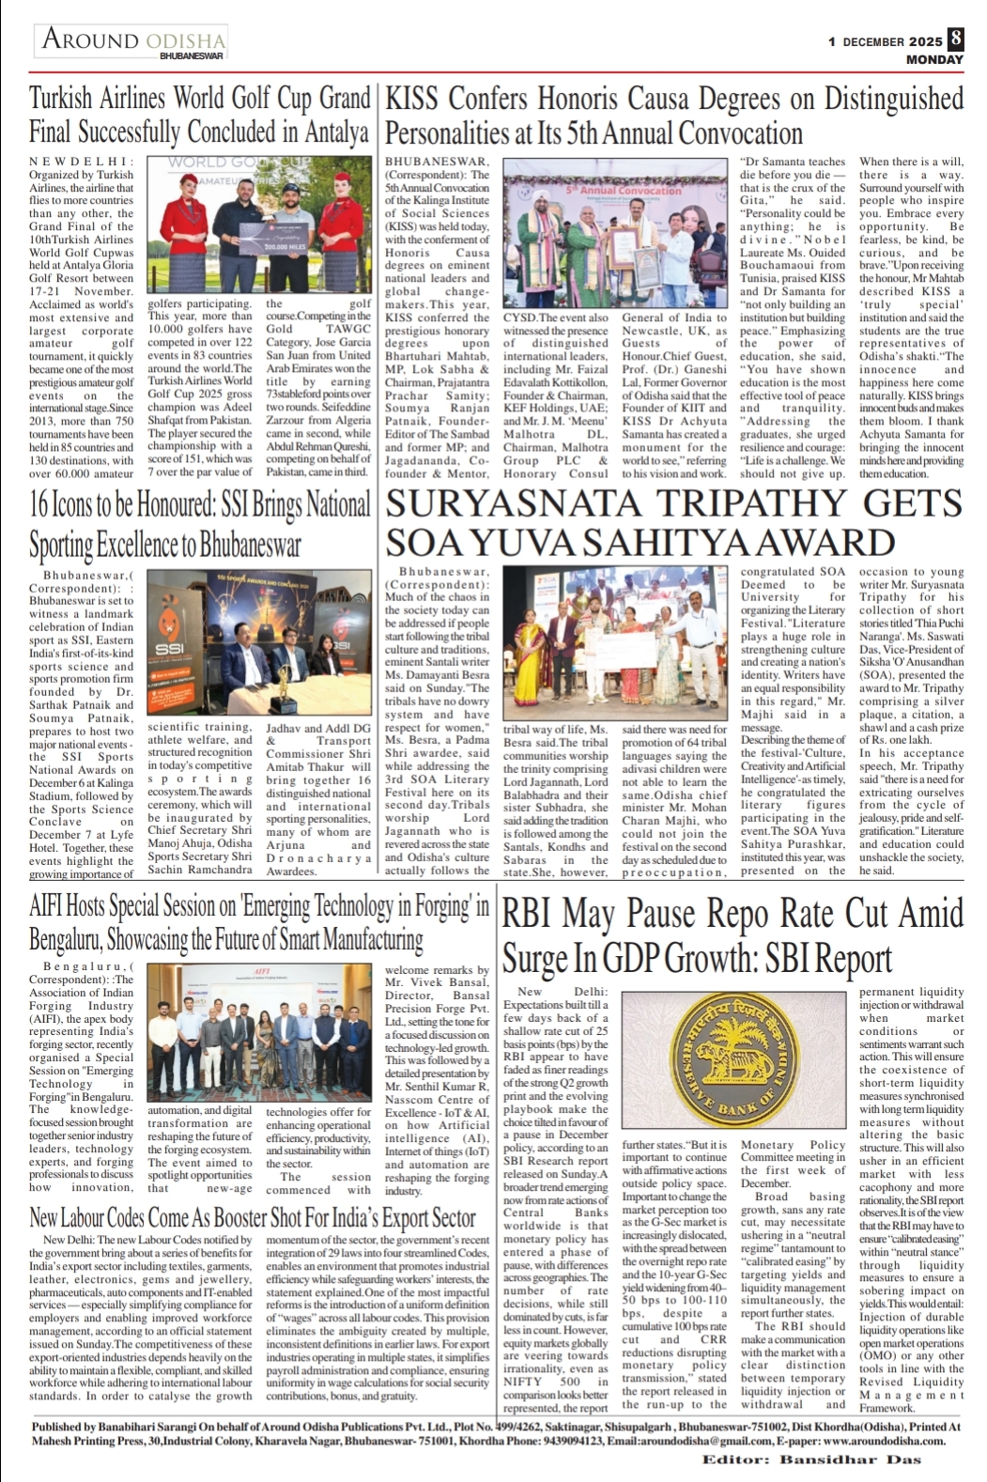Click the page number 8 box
(x=956, y=39)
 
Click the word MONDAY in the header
(x=934, y=59)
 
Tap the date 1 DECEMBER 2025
(x=885, y=42)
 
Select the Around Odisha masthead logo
(x=133, y=42)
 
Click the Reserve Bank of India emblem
(x=736, y=1059)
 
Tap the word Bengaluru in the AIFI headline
(x=66, y=940)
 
